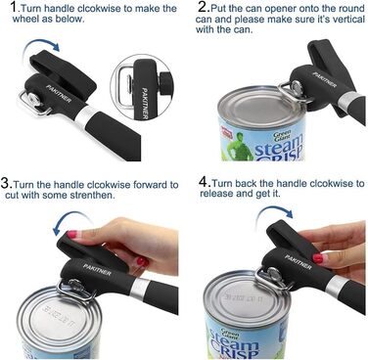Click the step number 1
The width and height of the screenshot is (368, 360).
14,7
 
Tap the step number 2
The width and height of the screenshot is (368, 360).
203,7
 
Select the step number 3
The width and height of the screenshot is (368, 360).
6,183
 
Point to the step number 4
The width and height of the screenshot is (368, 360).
204,181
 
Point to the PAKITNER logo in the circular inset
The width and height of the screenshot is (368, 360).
146,103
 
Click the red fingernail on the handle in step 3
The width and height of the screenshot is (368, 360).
71,234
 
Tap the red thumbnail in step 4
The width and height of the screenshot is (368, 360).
318,258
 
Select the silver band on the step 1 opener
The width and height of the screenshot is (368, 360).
86,114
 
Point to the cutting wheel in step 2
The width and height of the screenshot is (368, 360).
298,88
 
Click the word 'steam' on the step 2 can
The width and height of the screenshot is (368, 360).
278,146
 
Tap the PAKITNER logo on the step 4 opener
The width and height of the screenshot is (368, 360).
298,262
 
